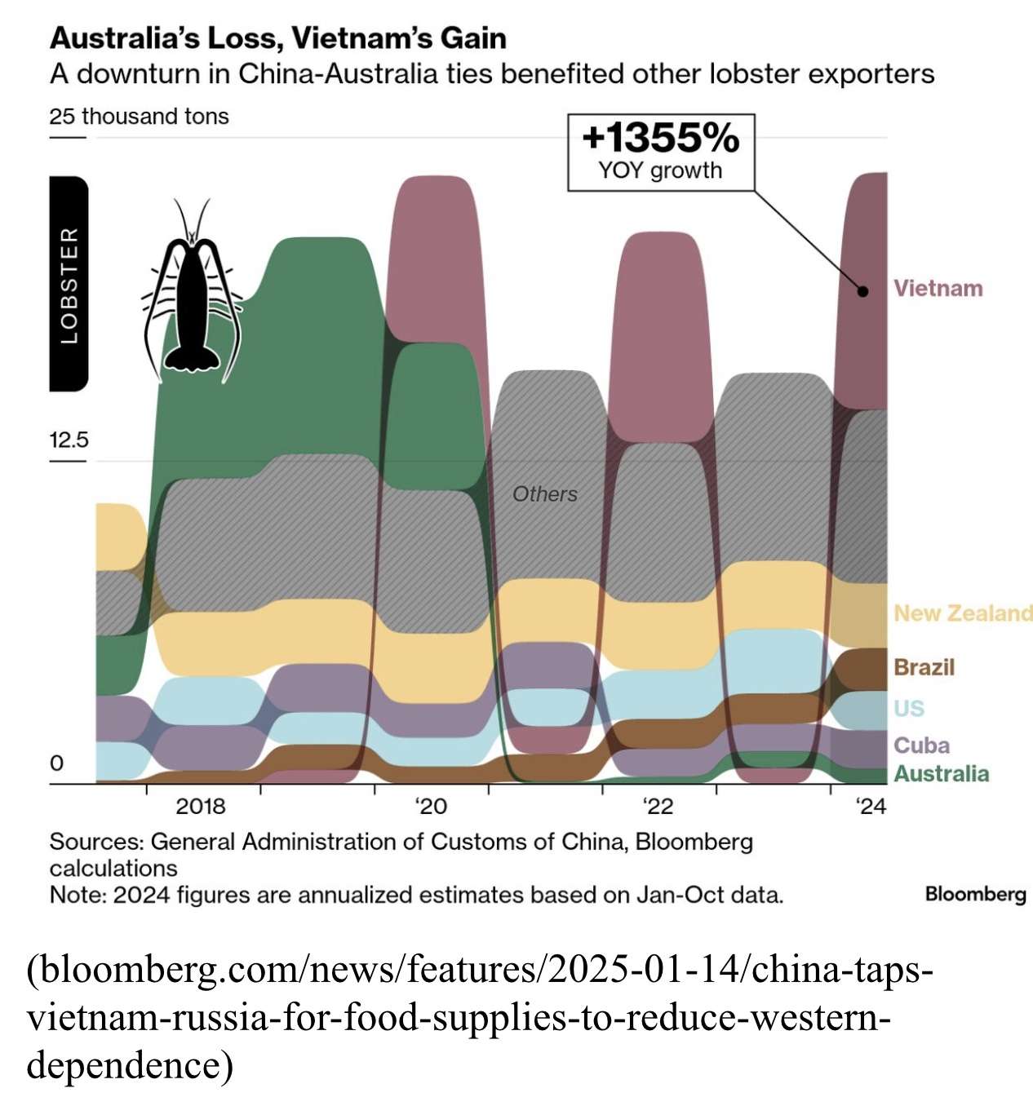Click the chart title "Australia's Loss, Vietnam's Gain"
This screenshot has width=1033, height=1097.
coord(278,38)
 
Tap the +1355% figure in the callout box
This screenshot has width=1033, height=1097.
coord(660,138)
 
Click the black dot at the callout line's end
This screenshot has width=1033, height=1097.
coord(862,291)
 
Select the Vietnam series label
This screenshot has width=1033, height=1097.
coord(938,288)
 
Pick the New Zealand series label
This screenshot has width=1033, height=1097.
coord(963,613)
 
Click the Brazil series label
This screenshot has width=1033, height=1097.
coord(924,667)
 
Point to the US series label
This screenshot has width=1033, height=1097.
coord(909,708)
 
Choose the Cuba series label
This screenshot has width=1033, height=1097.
coord(921,745)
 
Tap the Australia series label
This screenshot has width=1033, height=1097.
coord(941,773)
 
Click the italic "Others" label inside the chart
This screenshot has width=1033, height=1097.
coord(544,494)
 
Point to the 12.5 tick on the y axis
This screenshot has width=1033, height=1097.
coord(69,440)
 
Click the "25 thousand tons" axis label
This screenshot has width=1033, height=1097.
coord(139,117)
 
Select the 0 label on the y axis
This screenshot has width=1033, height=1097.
coord(56,763)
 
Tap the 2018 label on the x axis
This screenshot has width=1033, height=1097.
coord(200,807)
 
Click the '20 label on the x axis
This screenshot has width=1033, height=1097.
coord(431,807)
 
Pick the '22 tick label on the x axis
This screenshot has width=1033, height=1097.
coord(658,807)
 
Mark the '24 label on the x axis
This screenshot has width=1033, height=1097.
coord(871,807)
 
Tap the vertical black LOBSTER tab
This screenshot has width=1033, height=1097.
coord(69,284)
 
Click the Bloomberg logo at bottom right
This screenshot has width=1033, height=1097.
coord(975,894)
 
